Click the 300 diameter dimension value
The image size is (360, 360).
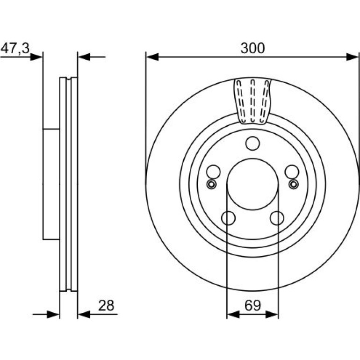click(x=252, y=48)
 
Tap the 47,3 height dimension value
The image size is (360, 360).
click(x=15, y=49)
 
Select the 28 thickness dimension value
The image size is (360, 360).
click(x=106, y=306)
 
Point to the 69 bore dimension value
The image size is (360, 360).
click(x=252, y=306)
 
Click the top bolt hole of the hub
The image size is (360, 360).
click(x=252, y=144)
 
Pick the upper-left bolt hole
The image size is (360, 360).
click(x=213, y=172)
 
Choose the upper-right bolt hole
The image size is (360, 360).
click(x=292, y=172)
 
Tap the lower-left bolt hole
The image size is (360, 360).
click(x=228, y=218)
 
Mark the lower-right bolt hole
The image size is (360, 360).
click(x=277, y=218)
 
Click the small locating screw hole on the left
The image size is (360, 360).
click(x=211, y=184)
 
